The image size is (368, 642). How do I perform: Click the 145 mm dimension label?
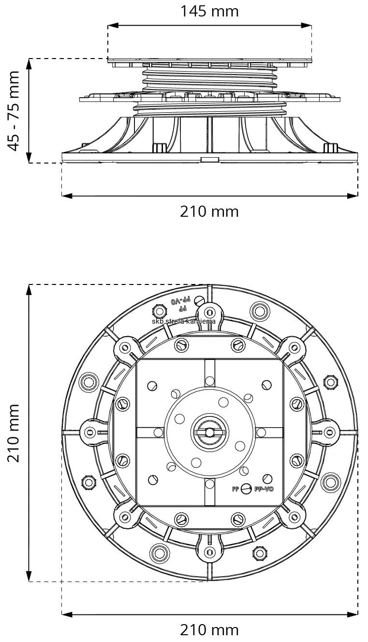(209, 11)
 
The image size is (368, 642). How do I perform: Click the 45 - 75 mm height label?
(15, 111)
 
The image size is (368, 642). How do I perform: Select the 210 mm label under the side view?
(209, 211)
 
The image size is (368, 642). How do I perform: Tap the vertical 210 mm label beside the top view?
(15, 433)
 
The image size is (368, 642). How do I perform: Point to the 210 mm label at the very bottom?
(209, 630)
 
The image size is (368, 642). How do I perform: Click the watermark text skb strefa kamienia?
(183, 321)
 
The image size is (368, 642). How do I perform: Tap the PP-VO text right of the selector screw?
(264, 489)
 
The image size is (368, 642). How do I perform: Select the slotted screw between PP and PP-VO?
(246, 489)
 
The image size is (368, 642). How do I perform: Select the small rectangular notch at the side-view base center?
(209, 159)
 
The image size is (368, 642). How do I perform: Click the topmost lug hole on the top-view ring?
(209, 311)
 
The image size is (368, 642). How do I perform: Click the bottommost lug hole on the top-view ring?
(209, 552)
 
